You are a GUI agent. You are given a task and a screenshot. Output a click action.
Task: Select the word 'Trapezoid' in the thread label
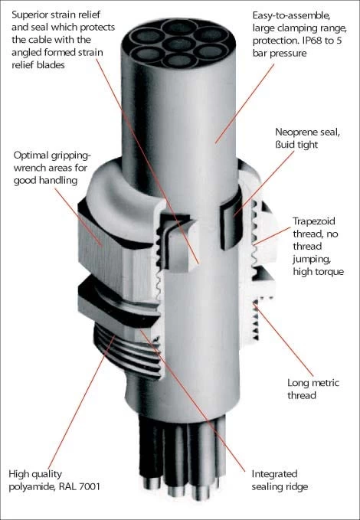click(x=314, y=221)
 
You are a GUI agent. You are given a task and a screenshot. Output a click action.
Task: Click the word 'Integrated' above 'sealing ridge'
click(x=274, y=474)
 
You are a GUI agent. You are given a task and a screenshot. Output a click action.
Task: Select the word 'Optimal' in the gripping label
click(x=31, y=155)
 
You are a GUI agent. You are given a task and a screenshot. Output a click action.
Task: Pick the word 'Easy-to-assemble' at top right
click(x=290, y=16)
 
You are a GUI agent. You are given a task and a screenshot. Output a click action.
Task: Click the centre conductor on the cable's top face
click(x=179, y=44)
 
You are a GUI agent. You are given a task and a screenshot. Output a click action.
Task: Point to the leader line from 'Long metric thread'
click(x=284, y=341)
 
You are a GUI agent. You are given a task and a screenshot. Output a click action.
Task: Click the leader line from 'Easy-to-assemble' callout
click(x=244, y=103)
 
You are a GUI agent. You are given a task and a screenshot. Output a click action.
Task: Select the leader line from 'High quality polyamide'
click(x=82, y=402)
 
